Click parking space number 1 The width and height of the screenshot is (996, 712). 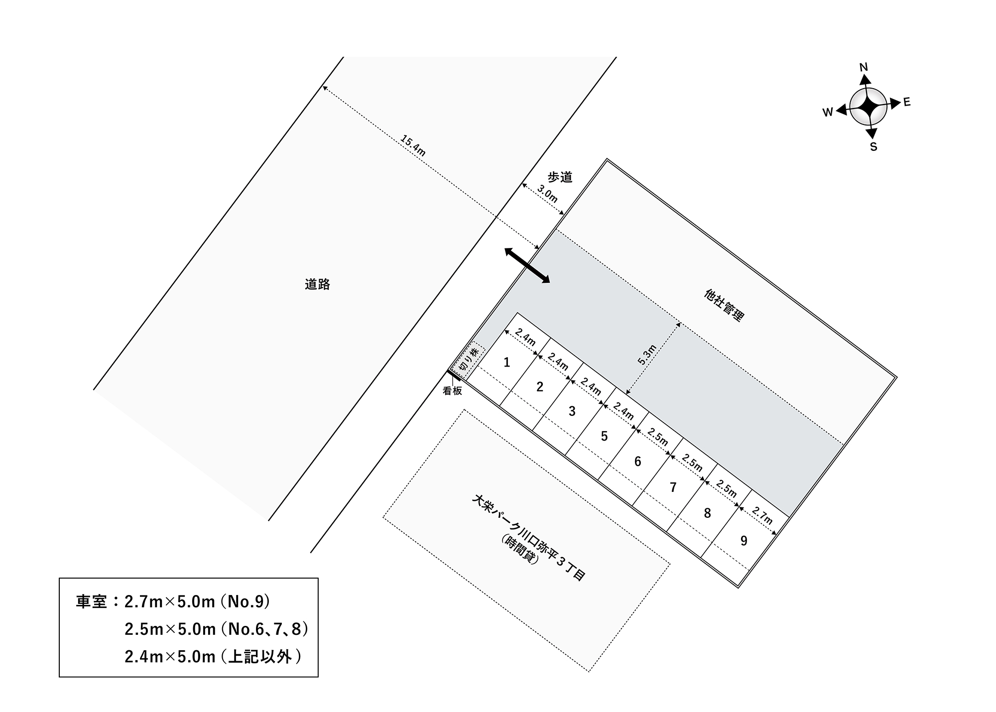[506, 362]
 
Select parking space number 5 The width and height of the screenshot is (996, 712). [604, 436]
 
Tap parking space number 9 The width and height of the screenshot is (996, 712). [744, 540]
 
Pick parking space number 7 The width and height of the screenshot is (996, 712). [673, 487]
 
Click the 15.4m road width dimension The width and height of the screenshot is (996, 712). [413, 145]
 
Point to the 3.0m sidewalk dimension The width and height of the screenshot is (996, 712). [547, 193]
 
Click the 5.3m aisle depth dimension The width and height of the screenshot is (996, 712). [647, 355]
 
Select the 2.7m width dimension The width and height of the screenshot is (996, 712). [762, 515]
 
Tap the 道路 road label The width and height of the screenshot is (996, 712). [317, 284]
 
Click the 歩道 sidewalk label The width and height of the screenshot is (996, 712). [560, 177]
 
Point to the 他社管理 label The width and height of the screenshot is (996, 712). [724, 305]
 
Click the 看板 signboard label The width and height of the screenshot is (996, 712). [452, 391]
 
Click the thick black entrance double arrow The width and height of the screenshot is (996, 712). [527, 265]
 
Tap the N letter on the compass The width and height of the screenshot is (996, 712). [864, 67]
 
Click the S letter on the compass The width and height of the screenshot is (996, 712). [873, 147]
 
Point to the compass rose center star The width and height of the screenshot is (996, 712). [869, 106]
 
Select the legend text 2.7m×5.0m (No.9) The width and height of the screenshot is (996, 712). [197, 601]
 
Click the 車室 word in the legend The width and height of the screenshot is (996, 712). [91, 602]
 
